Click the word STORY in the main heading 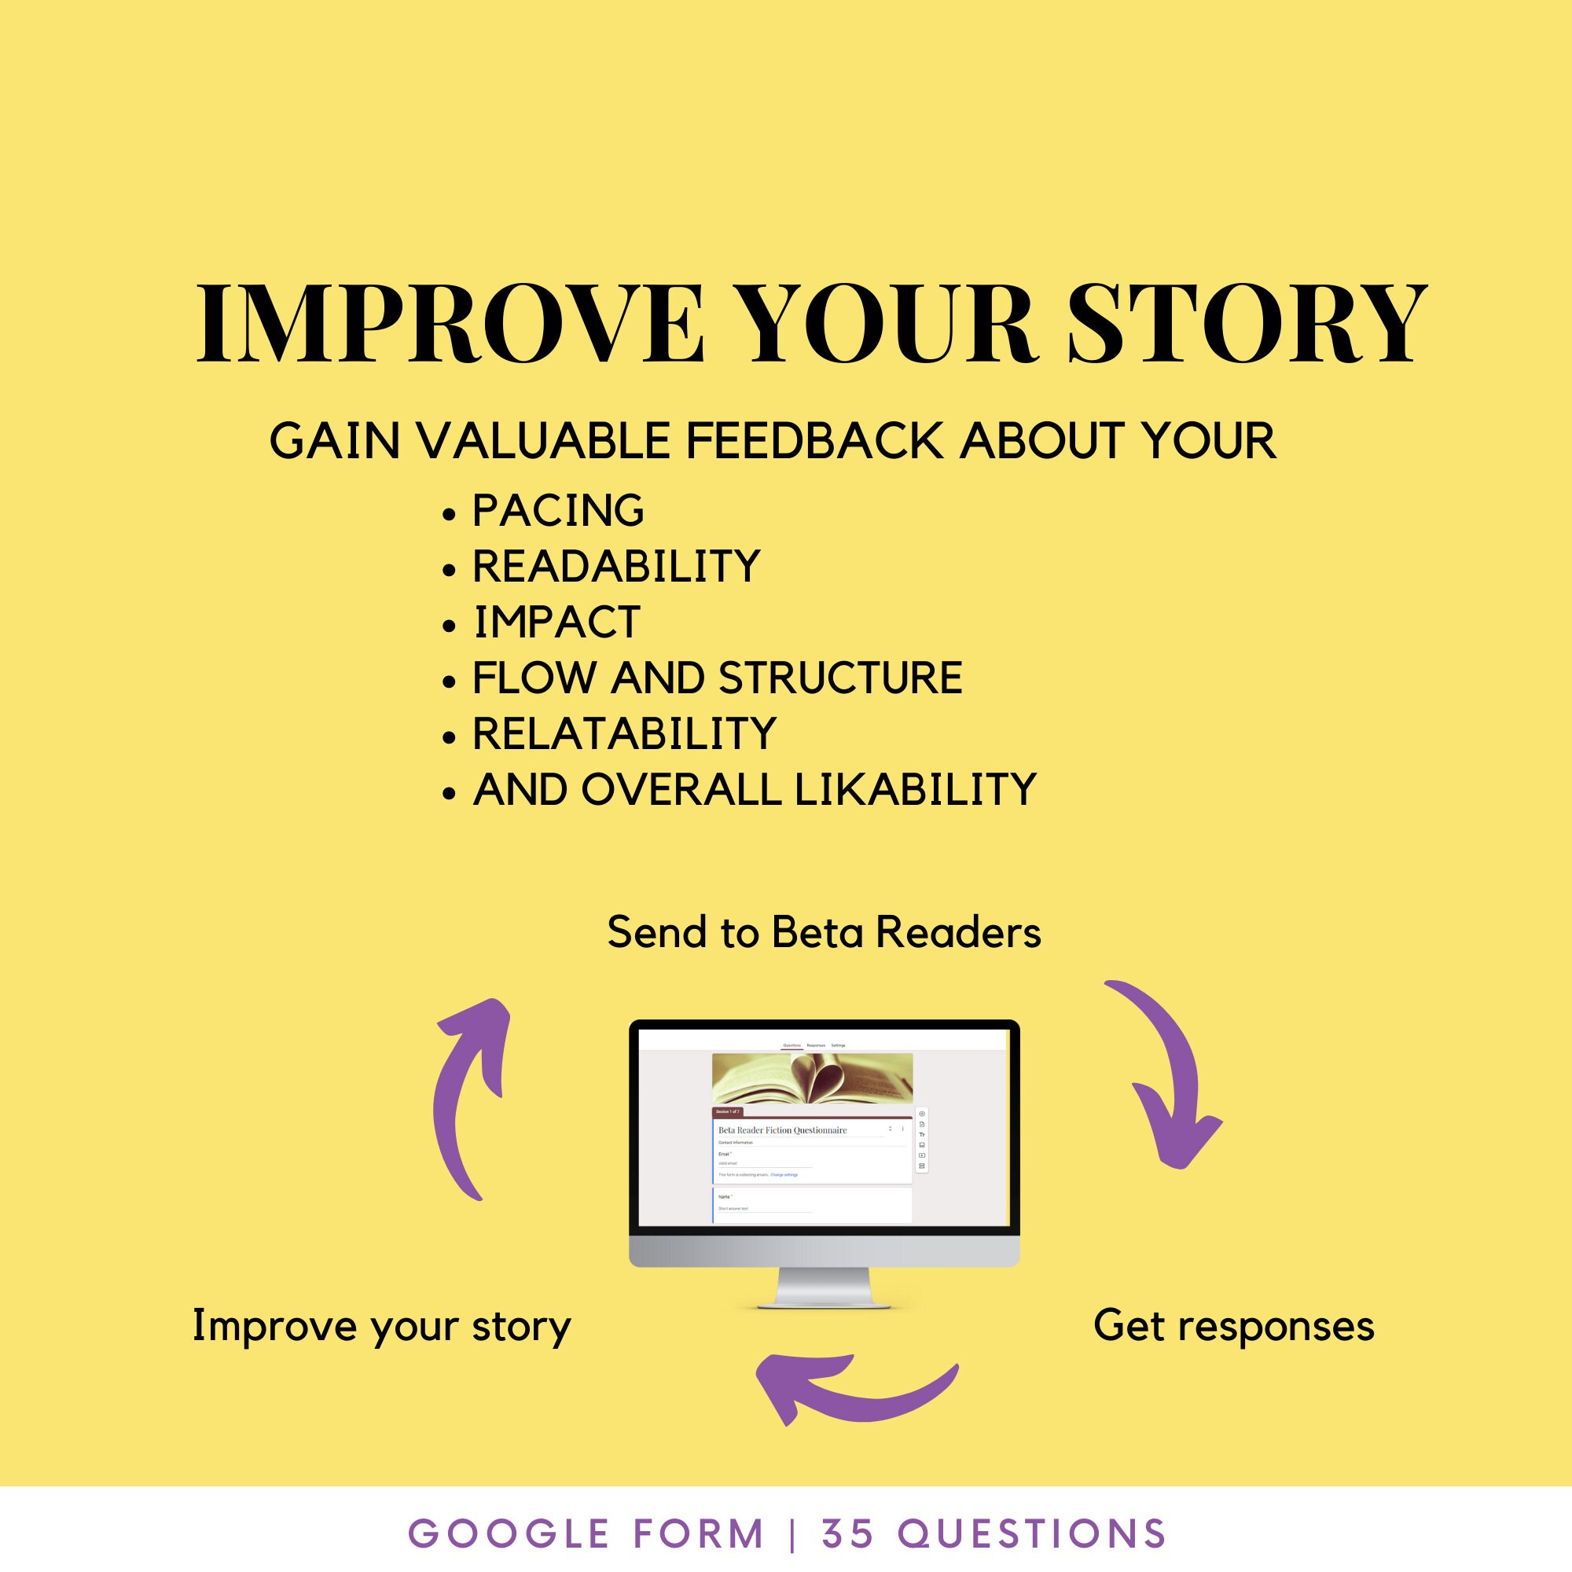[x=1247, y=324]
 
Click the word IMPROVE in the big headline [x=449, y=324]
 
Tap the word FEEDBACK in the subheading [x=813, y=442]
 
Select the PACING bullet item [x=558, y=511]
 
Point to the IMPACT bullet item [x=557, y=623]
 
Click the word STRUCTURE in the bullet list [x=840, y=678]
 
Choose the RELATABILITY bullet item [x=624, y=734]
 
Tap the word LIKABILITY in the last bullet [x=915, y=789]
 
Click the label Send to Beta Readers [x=824, y=932]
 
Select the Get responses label [x=1233, y=1325]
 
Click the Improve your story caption [x=382, y=1326]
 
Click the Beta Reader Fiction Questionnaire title [x=782, y=1130]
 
